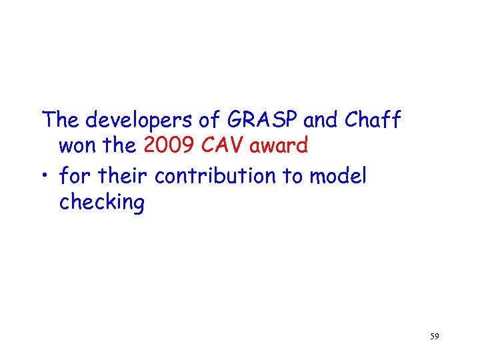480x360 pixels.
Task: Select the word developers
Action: [x=139, y=121]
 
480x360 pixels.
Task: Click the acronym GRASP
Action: [x=264, y=121]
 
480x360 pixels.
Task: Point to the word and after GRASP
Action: [x=321, y=121]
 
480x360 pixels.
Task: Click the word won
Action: [x=77, y=146]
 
